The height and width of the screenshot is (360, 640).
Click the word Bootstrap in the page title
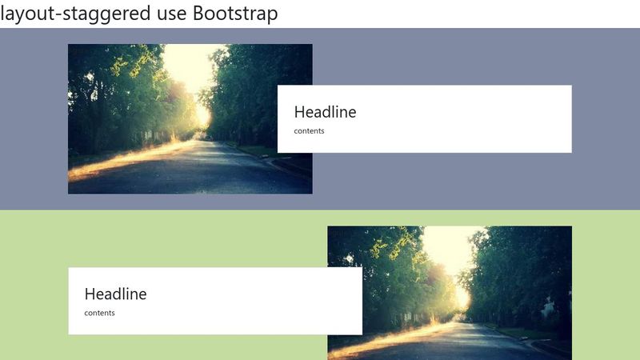click(235, 14)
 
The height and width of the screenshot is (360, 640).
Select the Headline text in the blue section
click(325, 112)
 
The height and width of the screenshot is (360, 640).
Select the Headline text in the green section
click(115, 294)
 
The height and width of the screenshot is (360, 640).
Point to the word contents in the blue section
click(309, 130)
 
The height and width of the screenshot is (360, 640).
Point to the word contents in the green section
click(99, 313)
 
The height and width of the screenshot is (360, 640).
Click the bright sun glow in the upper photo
click(202, 116)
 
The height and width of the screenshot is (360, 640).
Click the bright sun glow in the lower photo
click(461, 298)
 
